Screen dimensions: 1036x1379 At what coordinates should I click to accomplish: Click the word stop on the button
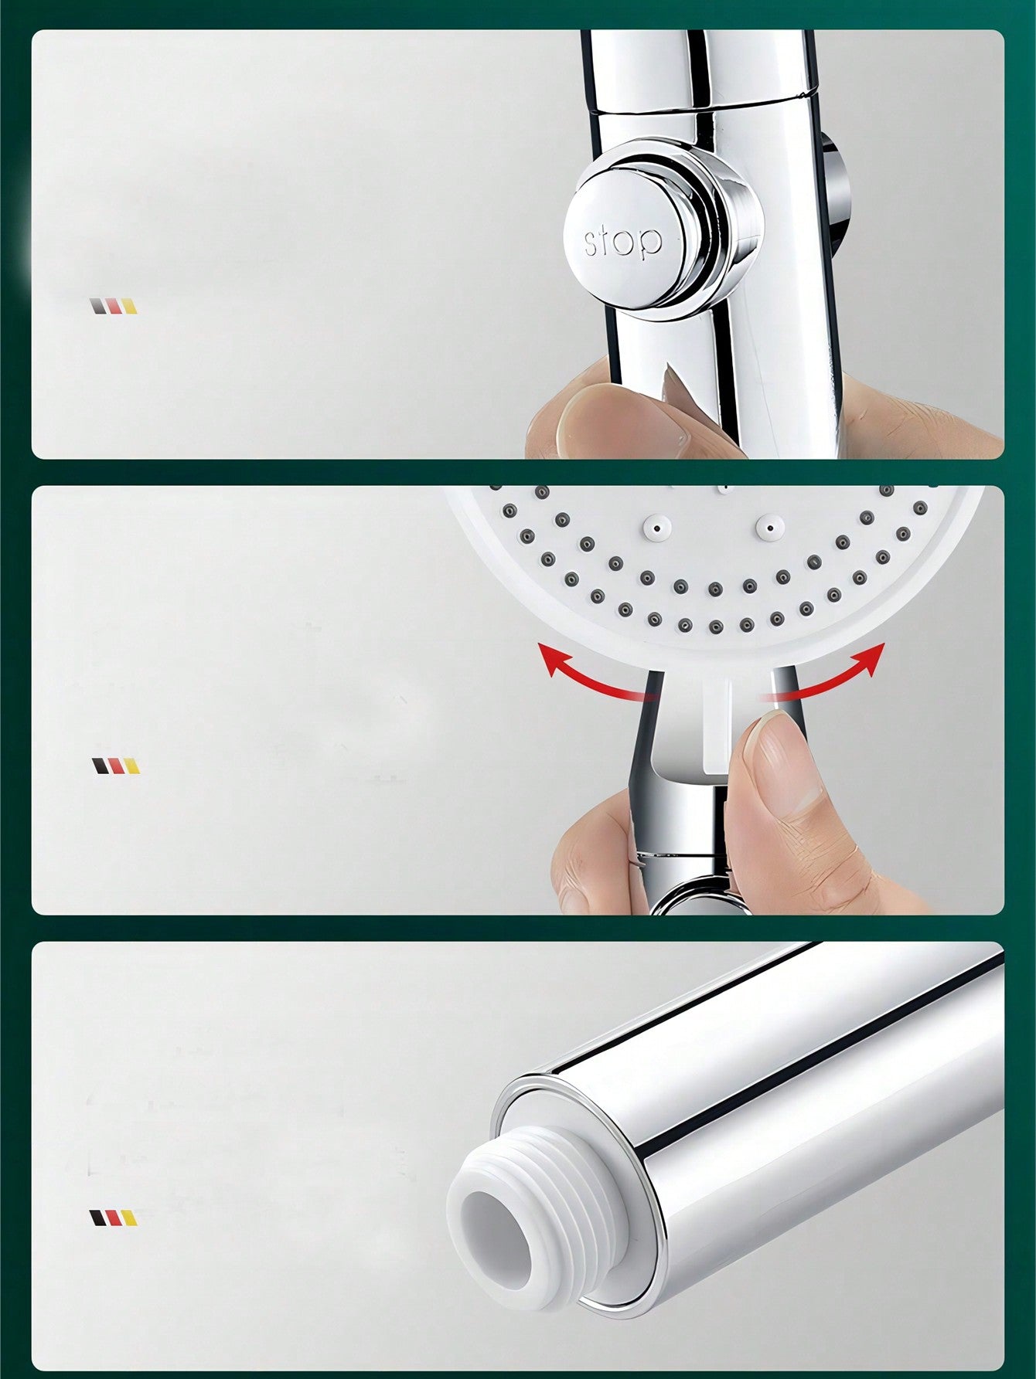point(623,241)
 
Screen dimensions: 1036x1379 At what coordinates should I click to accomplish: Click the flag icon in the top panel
point(114,306)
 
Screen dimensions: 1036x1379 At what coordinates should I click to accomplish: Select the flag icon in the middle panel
point(115,766)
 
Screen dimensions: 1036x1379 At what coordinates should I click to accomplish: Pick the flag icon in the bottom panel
point(114,1218)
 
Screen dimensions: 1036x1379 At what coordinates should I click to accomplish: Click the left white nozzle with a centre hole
point(654,527)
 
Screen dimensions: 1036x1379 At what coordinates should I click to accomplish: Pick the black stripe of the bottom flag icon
point(97,1218)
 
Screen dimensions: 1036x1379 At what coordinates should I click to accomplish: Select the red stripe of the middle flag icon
point(115,766)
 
